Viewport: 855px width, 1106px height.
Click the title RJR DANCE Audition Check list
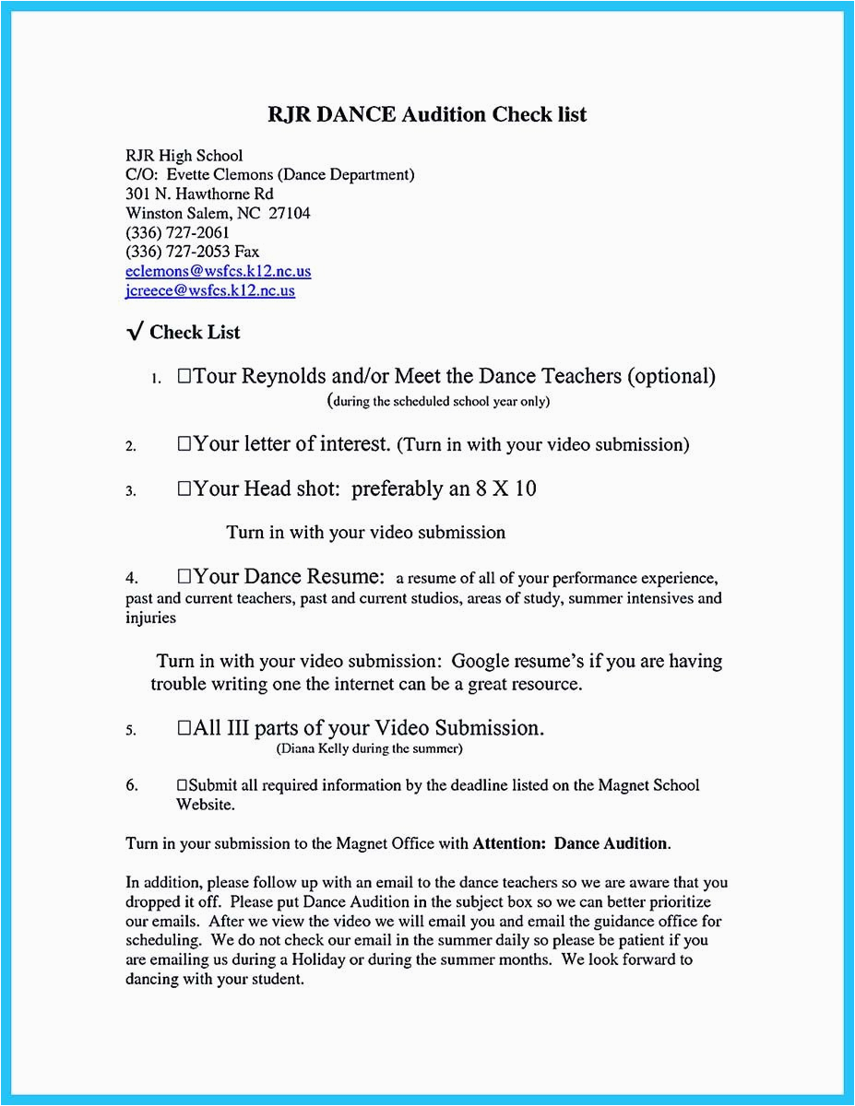click(x=427, y=114)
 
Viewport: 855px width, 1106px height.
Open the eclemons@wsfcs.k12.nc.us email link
click(x=218, y=271)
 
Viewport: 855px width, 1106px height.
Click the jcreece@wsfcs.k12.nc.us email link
click(x=209, y=290)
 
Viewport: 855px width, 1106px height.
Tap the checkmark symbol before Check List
click(x=135, y=333)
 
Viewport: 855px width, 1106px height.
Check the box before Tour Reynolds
click(x=184, y=376)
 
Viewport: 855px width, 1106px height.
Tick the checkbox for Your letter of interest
click(x=184, y=444)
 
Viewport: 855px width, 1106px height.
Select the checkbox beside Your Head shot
click(x=184, y=488)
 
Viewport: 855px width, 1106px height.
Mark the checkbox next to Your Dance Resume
click(x=184, y=577)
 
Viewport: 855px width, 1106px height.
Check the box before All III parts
click(x=184, y=728)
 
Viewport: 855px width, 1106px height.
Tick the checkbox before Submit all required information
click(x=182, y=785)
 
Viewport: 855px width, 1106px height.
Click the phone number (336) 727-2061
click(x=177, y=232)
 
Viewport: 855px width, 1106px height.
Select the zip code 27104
click(x=289, y=213)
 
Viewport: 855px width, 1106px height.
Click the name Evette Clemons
click(x=221, y=174)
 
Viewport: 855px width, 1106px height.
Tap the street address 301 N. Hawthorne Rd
click(x=199, y=194)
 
